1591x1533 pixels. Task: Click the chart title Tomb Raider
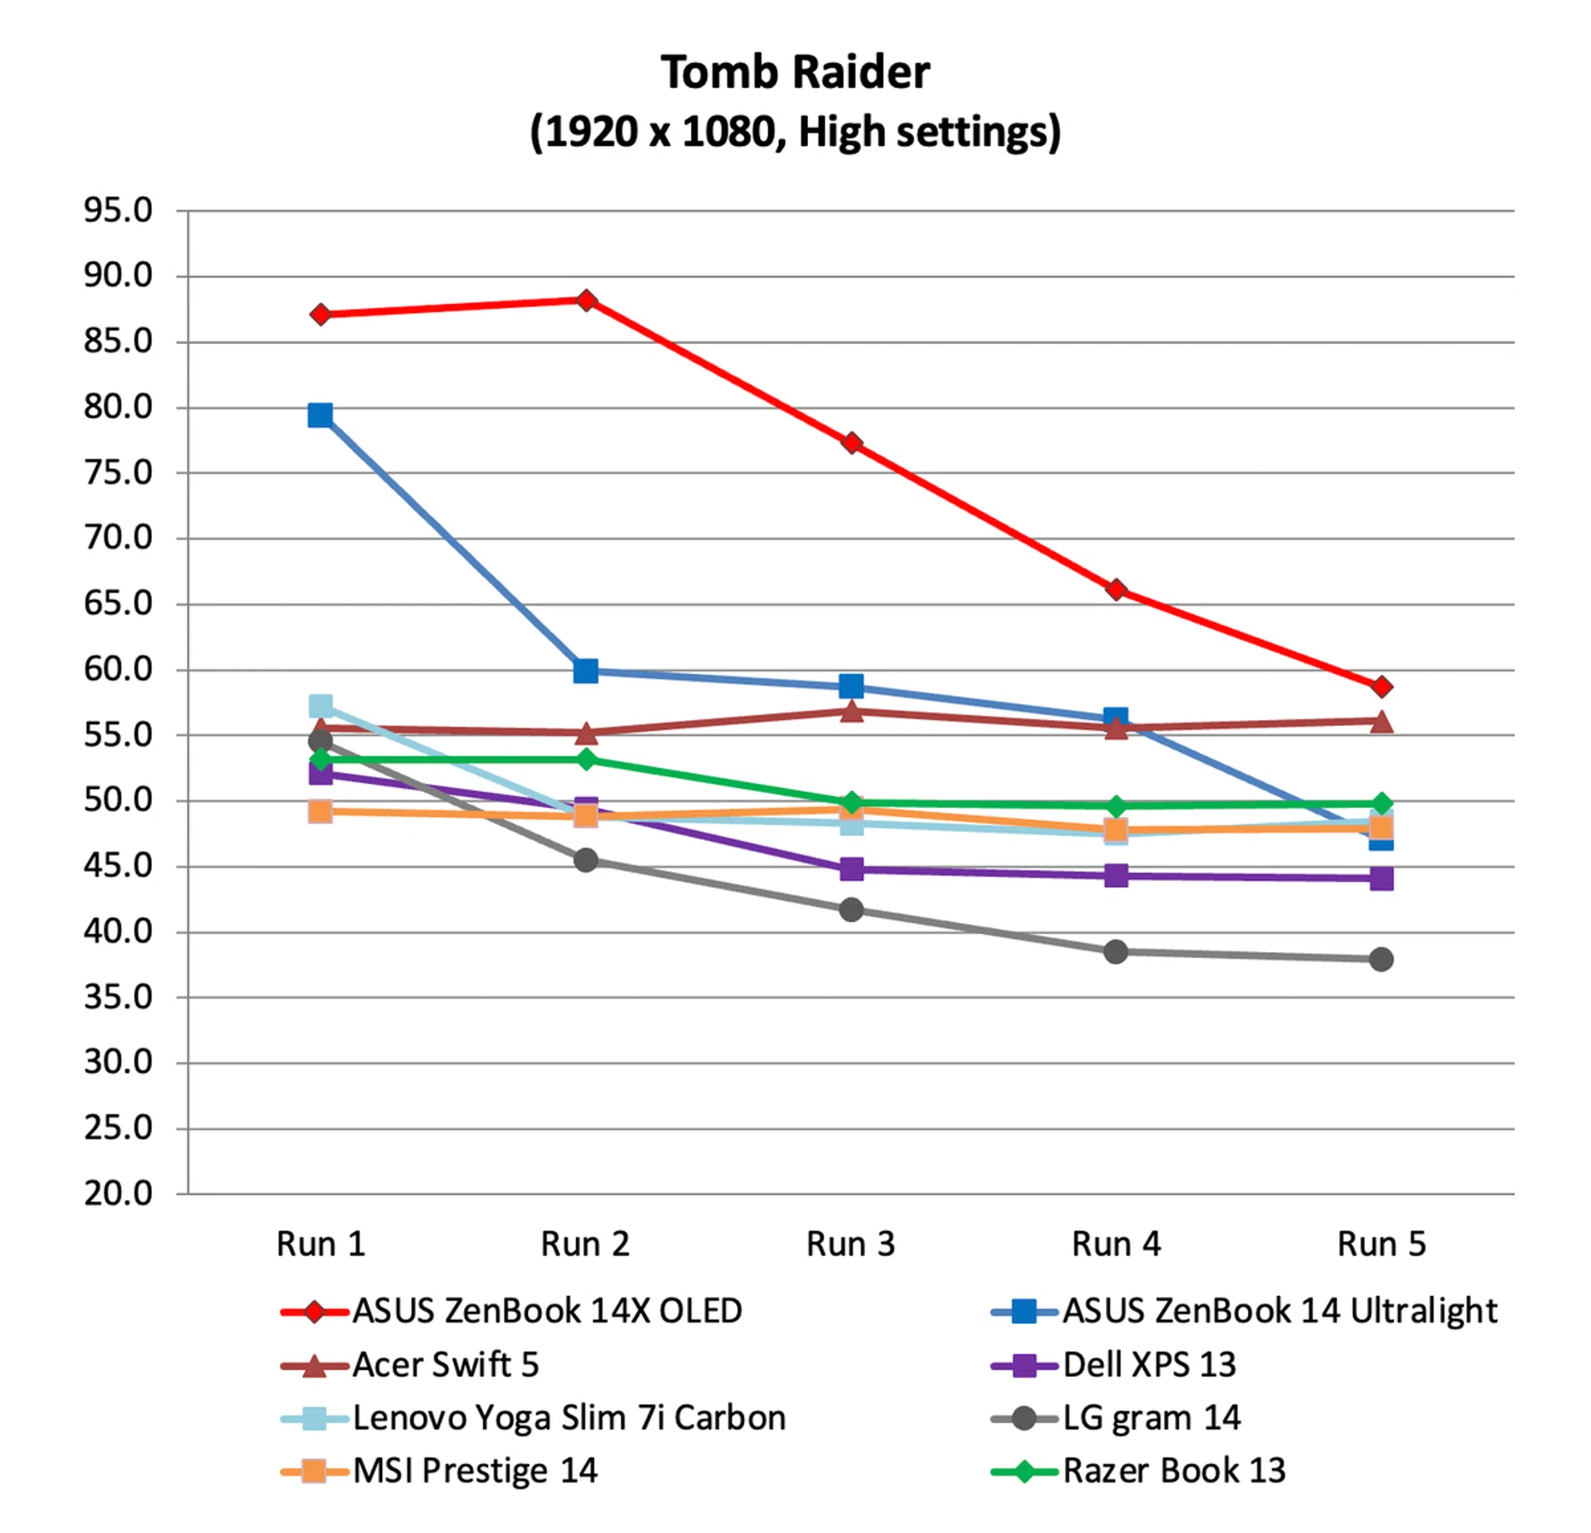point(795,72)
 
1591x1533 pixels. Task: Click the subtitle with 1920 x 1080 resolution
point(795,132)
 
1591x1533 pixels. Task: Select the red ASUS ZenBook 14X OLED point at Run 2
point(586,300)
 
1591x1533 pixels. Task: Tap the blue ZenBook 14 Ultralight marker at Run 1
point(321,414)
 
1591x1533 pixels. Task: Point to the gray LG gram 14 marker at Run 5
point(1381,960)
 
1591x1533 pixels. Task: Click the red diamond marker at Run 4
point(1116,589)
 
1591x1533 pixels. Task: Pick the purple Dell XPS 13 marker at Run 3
point(851,869)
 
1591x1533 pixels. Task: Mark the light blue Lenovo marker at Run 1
point(321,706)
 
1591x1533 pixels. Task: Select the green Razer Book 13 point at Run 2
point(586,759)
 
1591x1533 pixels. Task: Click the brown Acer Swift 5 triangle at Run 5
point(1381,722)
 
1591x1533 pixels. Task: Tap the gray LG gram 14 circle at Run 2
point(586,860)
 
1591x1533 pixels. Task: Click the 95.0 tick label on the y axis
point(118,210)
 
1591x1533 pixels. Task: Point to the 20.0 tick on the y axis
point(118,1193)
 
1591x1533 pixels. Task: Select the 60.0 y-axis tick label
point(118,670)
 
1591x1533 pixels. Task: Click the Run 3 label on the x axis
point(851,1244)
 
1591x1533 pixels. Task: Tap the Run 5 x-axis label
point(1381,1244)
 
